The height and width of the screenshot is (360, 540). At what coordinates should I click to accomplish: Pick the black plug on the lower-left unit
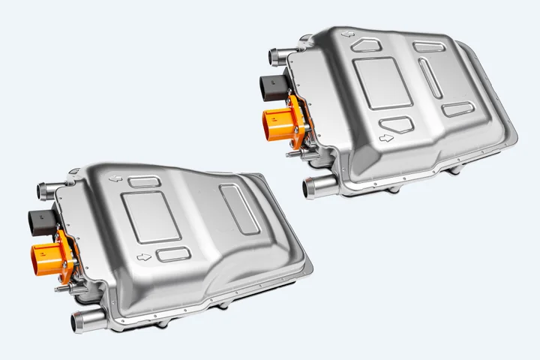click(x=41, y=220)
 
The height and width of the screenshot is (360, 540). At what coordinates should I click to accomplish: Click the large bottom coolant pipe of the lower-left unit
click(x=83, y=324)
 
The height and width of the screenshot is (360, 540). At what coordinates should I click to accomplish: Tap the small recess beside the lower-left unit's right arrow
click(x=173, y=253)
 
